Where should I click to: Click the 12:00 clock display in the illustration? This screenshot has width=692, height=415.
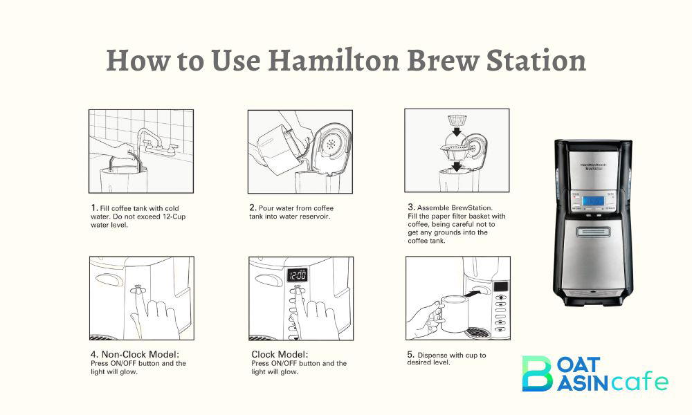[x=298, y=275]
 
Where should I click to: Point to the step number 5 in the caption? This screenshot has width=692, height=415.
[x=410, y=355]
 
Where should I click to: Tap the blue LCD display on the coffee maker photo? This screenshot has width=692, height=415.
[x=592, y=201]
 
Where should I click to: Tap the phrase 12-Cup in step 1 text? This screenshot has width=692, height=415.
[x=170, y=216]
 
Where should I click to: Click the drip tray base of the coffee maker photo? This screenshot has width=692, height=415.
[x=593, y=299]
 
